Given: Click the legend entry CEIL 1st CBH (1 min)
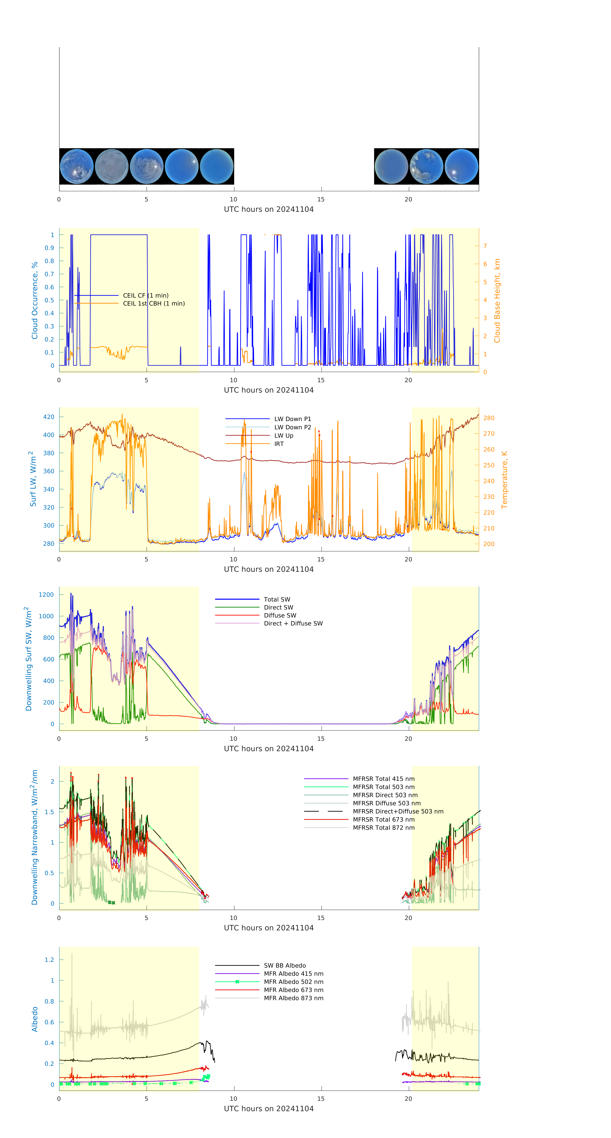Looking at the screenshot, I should tap(154, 303).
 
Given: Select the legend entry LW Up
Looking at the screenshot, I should tap(284, 436).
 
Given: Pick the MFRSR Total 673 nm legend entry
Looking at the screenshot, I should tap(384, 820).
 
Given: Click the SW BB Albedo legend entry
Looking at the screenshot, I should tap(284, 966).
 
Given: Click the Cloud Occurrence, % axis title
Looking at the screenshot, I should tap(35, 300).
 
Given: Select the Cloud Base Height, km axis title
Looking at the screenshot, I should tap(497, 300).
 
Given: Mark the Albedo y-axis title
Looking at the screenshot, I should tap(35, 1019).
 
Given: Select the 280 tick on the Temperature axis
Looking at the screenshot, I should tap(489, 418).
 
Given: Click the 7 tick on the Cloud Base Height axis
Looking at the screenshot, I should tap(485, 246).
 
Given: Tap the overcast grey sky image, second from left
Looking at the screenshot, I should tap(112, 167).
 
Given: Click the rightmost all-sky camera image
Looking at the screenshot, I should tap(461, 167).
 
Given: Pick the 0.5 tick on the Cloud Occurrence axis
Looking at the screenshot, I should tap(50, 300).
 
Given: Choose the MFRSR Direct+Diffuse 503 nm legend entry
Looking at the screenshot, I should tap(398, 812).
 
